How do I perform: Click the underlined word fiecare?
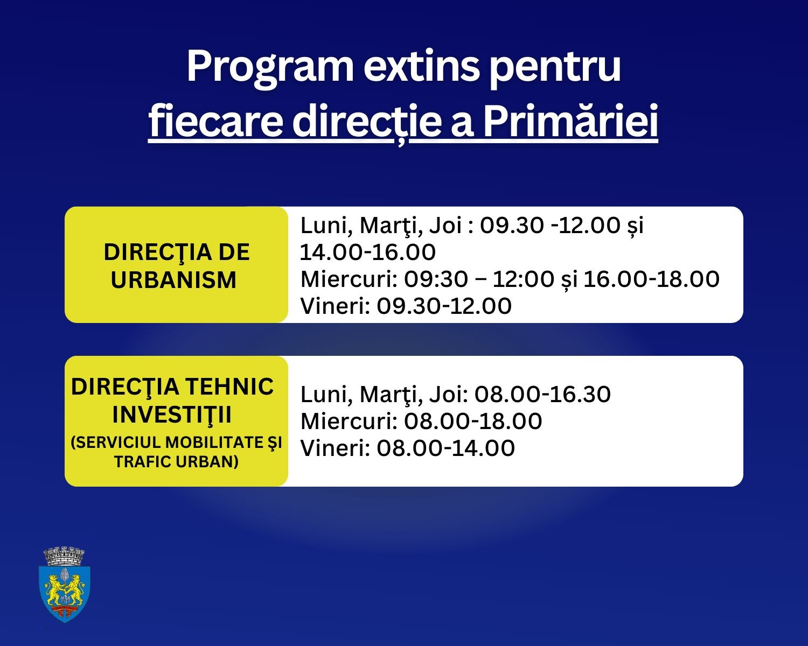coord(215,121)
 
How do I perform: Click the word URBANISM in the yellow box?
coord(174,280)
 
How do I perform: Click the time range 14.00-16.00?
coord(367,252)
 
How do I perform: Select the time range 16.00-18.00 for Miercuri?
coord(651,279)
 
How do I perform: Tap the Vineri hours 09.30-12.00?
coord(444,306)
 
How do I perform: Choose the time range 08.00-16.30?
coord(542,394)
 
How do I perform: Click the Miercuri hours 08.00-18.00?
coord(473,421)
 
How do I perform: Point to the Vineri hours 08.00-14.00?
coord(445,448)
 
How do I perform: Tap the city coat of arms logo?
coord(65,585)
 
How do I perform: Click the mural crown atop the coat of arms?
coord(64,556)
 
